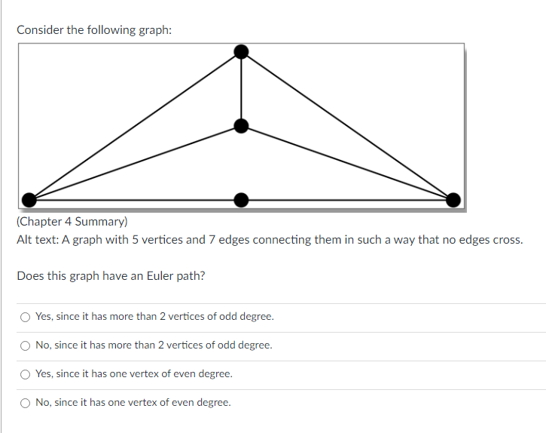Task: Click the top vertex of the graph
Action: [241, 51]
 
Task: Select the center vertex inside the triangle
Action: [241, 125]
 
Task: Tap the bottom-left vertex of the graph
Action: [29, 199]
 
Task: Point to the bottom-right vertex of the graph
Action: [453, 199]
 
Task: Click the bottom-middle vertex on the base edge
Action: [241, 199]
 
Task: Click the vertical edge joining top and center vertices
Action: [241, 88]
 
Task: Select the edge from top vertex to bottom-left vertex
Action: [135, 125]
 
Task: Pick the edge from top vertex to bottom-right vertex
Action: [347, 125]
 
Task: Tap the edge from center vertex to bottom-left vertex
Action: [135, 162]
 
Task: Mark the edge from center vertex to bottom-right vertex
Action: [347, 162]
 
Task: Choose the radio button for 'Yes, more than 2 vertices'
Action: [26, 317]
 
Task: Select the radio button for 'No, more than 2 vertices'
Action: [26, 345]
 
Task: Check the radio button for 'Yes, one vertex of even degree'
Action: [26, 374]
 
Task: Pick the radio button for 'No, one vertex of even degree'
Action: [26, 403]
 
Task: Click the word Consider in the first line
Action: [40, 30]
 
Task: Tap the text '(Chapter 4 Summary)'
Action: [72, 222]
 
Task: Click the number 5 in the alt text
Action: [126, 240]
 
